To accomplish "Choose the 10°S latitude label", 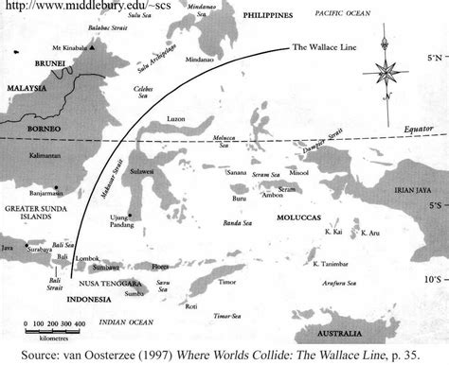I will [430, 279].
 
